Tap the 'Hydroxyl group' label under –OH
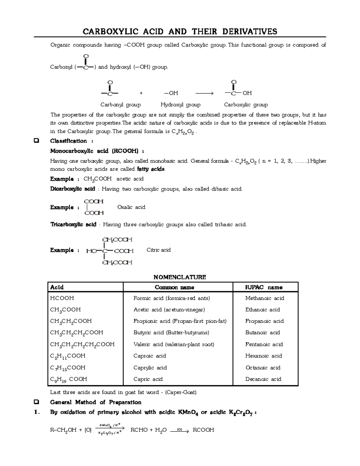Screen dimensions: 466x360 [180, 105]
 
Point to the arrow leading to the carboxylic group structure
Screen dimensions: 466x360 [204, 93]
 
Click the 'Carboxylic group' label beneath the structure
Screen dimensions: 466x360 [246, 105]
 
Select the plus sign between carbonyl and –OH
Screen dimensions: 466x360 [141, 93]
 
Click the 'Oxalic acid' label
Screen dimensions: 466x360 [131, 207]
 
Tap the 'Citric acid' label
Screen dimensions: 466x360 [158, 250]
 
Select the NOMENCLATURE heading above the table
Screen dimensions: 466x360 [180, 277]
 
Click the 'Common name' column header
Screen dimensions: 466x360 [174, 287]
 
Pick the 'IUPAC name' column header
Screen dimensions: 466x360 [264, 287]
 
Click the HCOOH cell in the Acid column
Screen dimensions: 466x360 [62, 298]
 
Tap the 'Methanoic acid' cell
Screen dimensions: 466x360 [265, 298]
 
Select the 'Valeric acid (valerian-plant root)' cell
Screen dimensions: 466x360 [174, 344]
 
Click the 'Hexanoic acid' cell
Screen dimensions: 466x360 [263, 356]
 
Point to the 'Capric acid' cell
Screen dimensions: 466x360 [148, 379]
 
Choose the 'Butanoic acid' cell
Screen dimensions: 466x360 [262, 332]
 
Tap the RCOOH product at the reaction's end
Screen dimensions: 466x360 [203, 430]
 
